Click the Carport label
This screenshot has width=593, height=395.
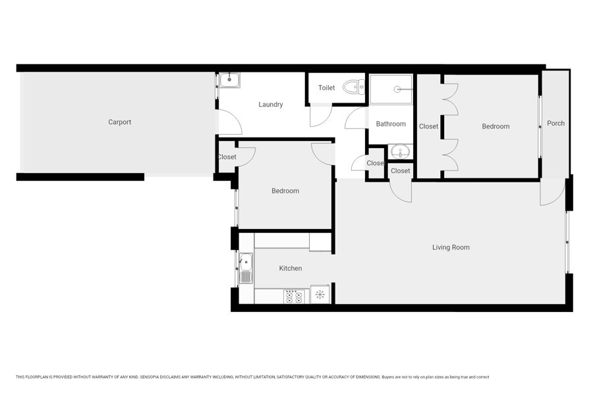click(119, 122)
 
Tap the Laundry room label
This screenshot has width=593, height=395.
click(270, 104)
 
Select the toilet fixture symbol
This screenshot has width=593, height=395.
click(354, 88)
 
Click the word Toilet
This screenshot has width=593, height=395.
click(326, 88)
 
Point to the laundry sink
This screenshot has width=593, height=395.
click(229, 80)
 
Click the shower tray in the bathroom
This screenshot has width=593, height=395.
click(391, 90)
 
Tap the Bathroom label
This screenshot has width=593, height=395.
click(391, 124)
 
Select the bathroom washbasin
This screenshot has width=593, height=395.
click(400, 152)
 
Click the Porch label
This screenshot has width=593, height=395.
click(555, 123)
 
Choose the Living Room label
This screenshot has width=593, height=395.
click(451, 248)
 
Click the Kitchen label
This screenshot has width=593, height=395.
click(291, 269)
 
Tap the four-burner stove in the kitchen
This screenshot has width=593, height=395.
click(295, 296)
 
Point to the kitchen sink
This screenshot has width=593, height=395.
click(246, 269)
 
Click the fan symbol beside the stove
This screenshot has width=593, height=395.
click(320, 294)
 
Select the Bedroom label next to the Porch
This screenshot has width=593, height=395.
click(495, 126)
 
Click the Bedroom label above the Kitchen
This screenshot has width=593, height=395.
click(285, 191)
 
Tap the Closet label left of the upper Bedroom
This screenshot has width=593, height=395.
click(428, 126)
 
